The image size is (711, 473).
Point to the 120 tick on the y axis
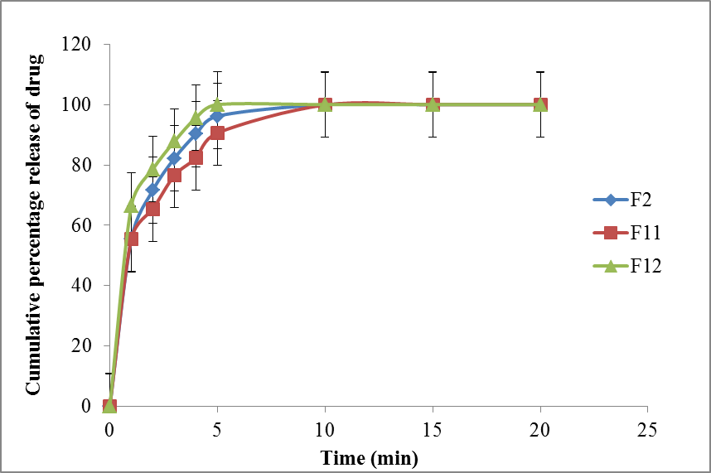[x=80, y=45]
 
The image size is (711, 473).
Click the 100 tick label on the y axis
[x=80, y=105]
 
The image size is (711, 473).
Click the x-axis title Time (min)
[x=370, y=456]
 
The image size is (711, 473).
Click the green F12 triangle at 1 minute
[x=131, y=205]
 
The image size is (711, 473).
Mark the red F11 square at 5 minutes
[x=217, y=133]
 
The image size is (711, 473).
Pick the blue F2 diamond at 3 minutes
[x=174, y=157]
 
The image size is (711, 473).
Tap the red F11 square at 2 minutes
[x=152, y=209]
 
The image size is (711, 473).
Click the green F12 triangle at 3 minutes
[x=174, y=142]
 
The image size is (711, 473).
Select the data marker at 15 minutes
[x=433, y=104]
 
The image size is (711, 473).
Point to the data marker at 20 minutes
[x=540, y=104]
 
